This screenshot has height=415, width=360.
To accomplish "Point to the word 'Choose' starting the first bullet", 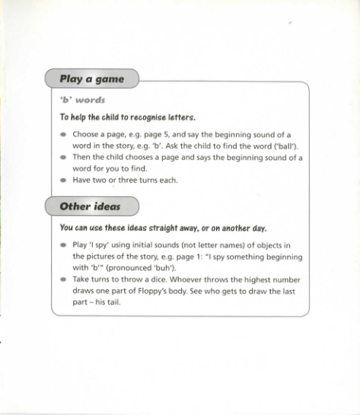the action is coord(85,134).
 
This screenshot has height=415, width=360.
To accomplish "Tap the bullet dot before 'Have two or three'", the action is coord(64,181).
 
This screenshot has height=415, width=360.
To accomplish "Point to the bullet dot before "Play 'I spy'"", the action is coord(64,246).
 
